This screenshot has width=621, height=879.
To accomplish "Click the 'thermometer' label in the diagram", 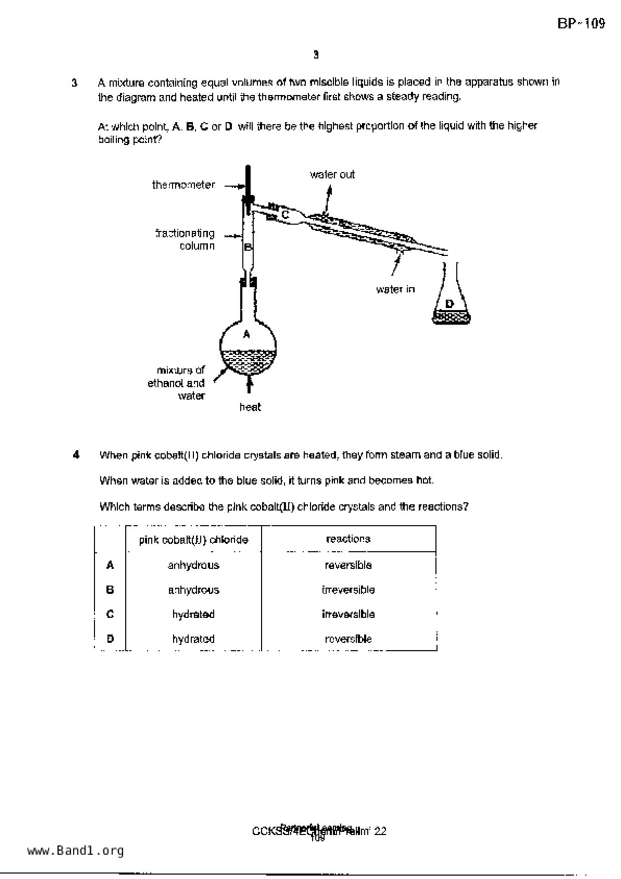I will click(x=183, y=185).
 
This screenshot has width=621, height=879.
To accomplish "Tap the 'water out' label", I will click(x=332, y=175).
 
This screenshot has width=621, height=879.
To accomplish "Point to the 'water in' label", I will click(x=395, y=289).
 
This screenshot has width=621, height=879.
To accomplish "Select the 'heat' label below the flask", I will click(x=250, y=407).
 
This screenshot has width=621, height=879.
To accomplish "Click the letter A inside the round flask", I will click(x=246, y=334).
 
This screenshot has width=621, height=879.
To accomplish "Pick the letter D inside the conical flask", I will click(x=449, y=303).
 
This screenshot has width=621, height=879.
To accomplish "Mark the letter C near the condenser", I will click(x=285, y=215).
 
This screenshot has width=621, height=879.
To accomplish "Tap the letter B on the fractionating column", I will click(x=248, y=247).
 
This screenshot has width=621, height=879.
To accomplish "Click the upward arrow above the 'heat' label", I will click(x=249, y=385).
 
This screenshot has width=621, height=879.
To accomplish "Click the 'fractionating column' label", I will click(x=185, y=239).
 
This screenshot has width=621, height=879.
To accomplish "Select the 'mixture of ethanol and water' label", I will click(x=176, y=383).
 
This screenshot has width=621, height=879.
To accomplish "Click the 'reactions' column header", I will click(x=348, y=539).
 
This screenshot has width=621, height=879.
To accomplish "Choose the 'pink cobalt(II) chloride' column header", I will click(x=193, y=540).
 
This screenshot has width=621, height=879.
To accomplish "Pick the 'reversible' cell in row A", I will click(x=348, y=565).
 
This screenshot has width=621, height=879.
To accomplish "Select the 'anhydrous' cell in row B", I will click(x=193, y=590).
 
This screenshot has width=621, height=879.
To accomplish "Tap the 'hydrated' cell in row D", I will click(x=193, y=639).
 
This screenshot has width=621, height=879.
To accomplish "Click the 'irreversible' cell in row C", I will click(x=348, y=614).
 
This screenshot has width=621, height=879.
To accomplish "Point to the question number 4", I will click(x=76, y=455).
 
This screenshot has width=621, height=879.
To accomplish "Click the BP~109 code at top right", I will click(x=581, y=24).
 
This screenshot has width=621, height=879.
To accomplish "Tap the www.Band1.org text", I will click(x=75, y=851).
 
